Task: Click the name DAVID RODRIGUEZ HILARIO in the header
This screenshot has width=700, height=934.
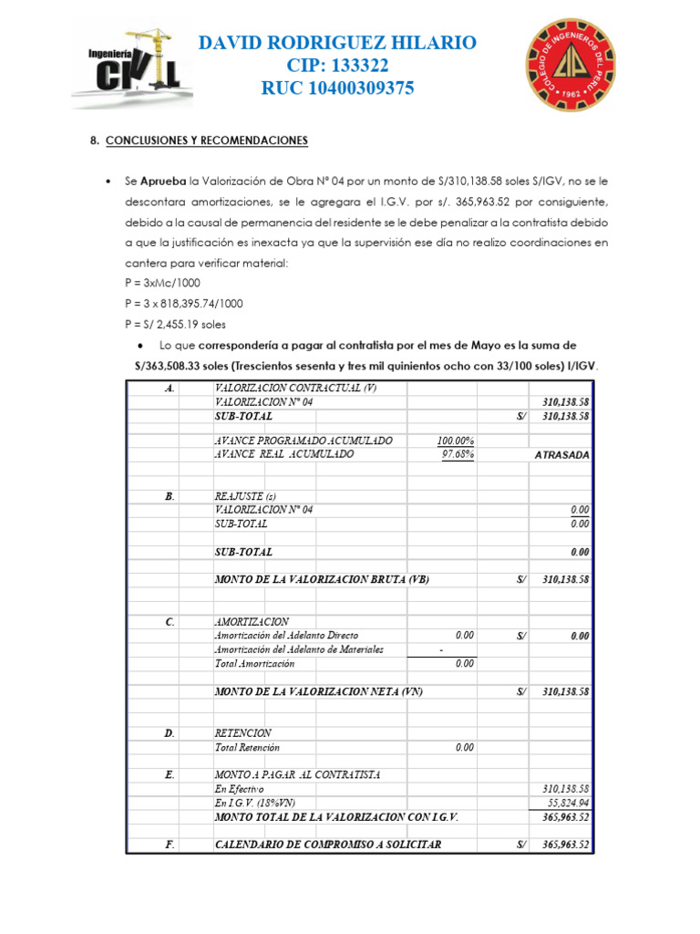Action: pos(337,43)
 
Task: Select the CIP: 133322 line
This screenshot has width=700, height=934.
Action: pos(337,66)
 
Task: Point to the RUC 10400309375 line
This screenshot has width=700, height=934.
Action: pos(337,88)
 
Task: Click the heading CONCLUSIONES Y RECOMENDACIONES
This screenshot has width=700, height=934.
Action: pos(207,141)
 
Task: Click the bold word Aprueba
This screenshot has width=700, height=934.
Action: pos(164,182)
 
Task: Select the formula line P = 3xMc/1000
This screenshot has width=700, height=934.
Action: pos(164,284)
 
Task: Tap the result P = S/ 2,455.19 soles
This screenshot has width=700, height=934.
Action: pos(175,324)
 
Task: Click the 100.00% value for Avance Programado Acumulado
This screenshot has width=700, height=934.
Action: pos(455,441)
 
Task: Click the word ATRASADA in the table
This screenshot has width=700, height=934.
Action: pos(561,455)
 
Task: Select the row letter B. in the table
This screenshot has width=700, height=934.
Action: pos(170,497)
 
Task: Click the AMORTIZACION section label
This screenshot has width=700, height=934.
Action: pos(252,622)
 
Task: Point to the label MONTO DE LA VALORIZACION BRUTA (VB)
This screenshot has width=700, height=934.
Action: pos(321,580)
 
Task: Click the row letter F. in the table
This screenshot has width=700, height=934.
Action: pos(170,845)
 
